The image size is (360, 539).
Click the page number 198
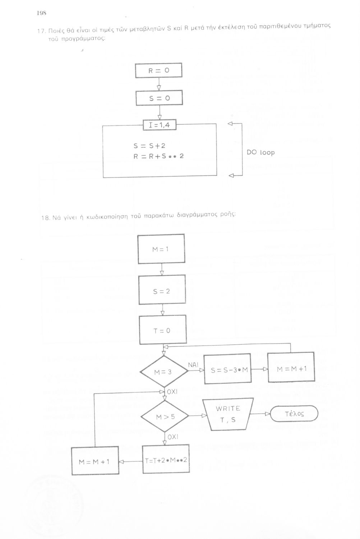42,14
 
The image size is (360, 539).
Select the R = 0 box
159,70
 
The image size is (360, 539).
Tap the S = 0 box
159,98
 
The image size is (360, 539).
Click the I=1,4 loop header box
160,125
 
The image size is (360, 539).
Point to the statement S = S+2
149,146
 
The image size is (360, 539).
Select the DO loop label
260,152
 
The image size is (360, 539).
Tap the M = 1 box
161,249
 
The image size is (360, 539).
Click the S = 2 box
162,291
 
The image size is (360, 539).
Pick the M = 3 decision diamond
163,372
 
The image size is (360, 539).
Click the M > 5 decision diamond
165,417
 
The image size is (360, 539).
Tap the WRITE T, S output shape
228,414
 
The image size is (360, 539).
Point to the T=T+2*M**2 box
166,460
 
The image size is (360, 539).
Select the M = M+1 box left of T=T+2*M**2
94,461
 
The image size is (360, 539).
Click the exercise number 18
45,218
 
